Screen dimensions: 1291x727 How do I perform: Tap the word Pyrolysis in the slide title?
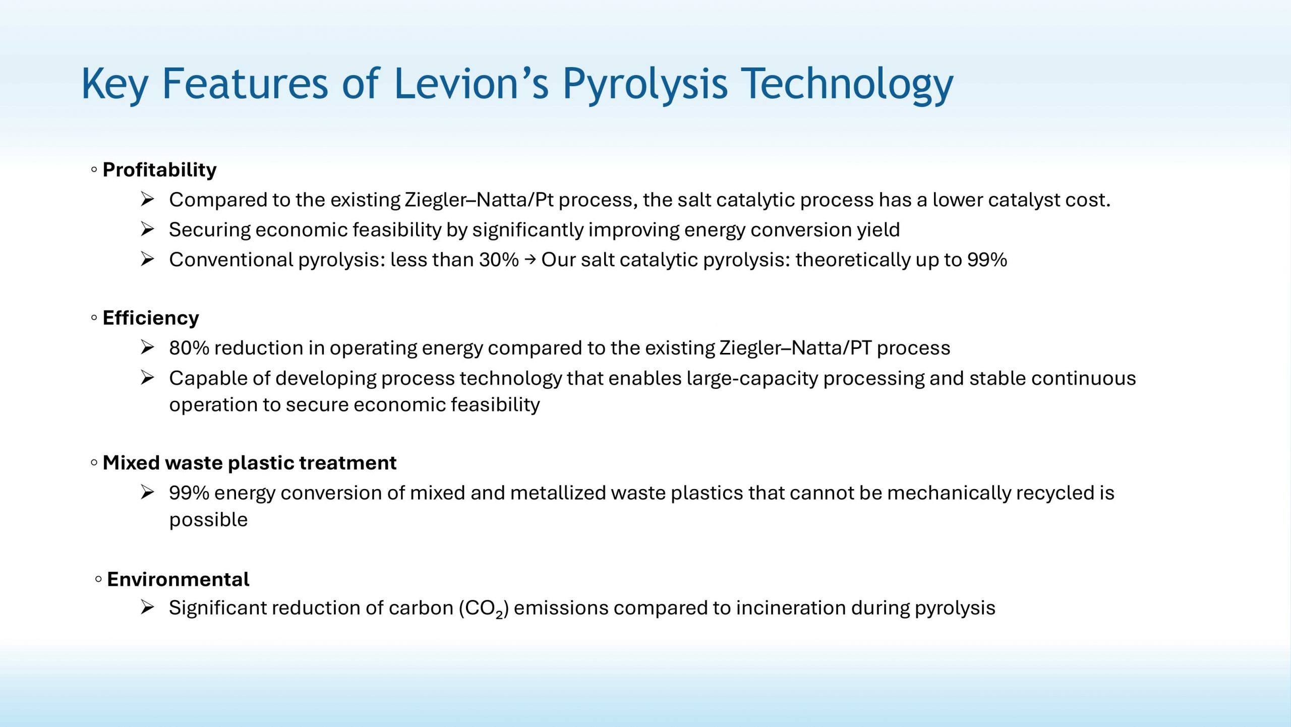pos(645,86)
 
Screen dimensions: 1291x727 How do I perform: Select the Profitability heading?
pos(159,170)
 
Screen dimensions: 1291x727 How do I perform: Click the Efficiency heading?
pos(151,318)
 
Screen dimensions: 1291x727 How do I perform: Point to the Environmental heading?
pos(178,579)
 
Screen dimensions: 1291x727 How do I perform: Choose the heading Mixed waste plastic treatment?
pos(250,463)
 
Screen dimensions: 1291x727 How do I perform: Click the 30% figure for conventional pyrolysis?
pos(499,260)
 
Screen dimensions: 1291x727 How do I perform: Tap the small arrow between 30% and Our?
pos(530,260)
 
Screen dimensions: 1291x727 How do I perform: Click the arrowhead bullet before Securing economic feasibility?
pos(147,229)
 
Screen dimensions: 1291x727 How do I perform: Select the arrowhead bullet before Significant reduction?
pos(147,608)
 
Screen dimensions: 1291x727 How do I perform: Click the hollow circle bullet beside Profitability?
pos(94,170)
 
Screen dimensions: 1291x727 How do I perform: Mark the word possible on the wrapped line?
pos(208,520)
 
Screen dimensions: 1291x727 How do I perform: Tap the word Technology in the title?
pos(847,86)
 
